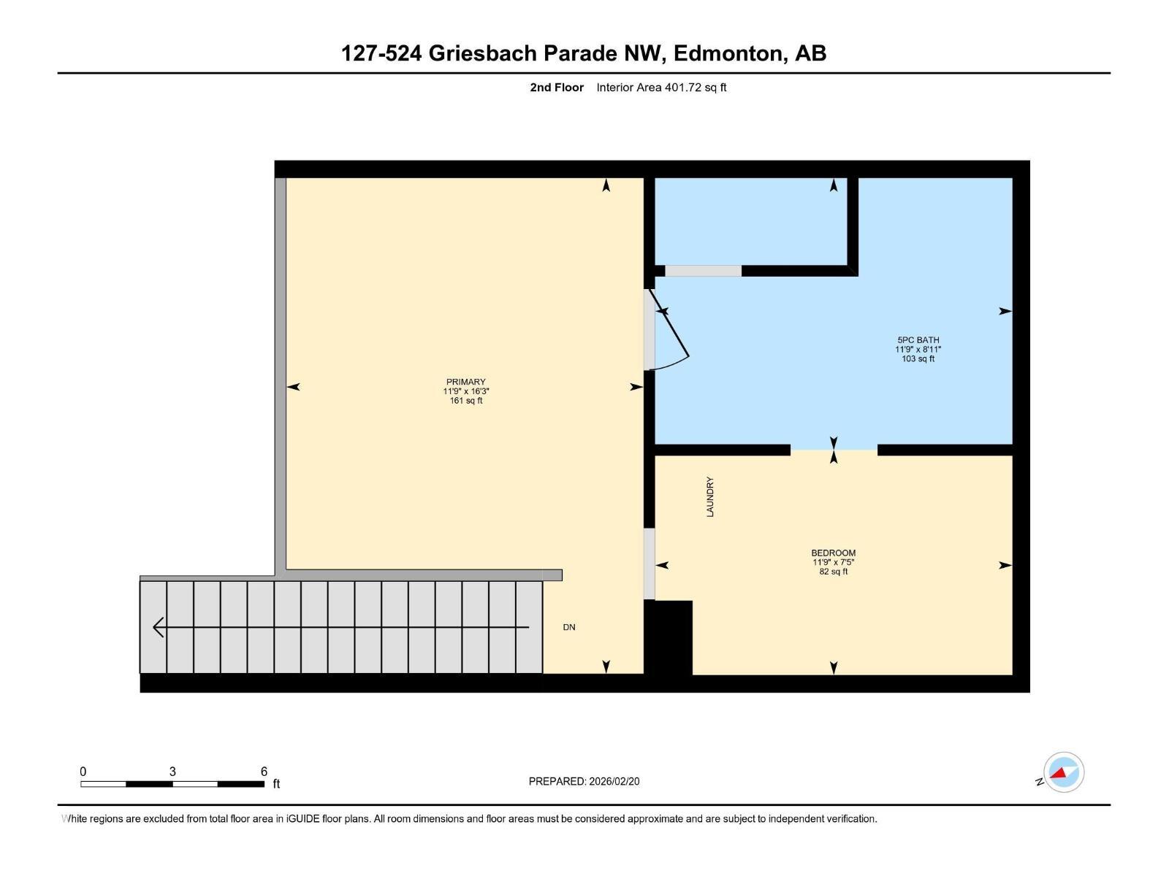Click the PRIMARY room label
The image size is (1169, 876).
point(465,382)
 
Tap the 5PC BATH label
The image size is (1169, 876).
point(918,339)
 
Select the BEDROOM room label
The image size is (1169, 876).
point(833,553)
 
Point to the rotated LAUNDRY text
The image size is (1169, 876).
point(710,497)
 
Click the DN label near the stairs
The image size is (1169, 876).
point(569,627)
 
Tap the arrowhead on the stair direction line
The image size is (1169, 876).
point(158,627)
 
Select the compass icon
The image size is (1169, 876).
point(1064,772)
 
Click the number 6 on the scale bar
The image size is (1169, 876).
point(264,772)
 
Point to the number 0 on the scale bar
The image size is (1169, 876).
point(83,772)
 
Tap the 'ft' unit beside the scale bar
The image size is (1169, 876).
point(276,784)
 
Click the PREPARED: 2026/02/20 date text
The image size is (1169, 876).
point(584,781)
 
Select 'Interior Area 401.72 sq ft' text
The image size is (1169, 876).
point(661,88)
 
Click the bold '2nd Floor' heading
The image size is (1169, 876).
point(557,88)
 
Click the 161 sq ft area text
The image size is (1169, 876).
point(465,401)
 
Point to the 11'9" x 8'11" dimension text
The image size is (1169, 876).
point(918,349)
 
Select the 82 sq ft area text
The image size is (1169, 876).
point(833,572)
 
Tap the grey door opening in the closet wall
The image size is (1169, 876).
point(703,271)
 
